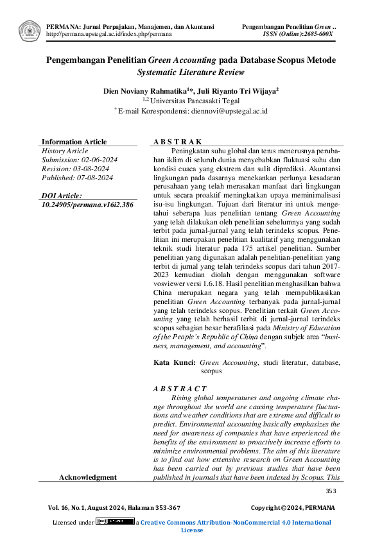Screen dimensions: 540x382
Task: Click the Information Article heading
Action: (74, 142)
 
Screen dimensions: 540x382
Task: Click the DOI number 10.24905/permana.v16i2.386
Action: (87, 205)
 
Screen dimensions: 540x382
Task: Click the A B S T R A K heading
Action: (178, 142)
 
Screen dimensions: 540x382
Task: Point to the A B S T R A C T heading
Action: (180, 389)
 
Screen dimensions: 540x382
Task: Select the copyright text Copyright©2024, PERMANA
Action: (293, 507)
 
